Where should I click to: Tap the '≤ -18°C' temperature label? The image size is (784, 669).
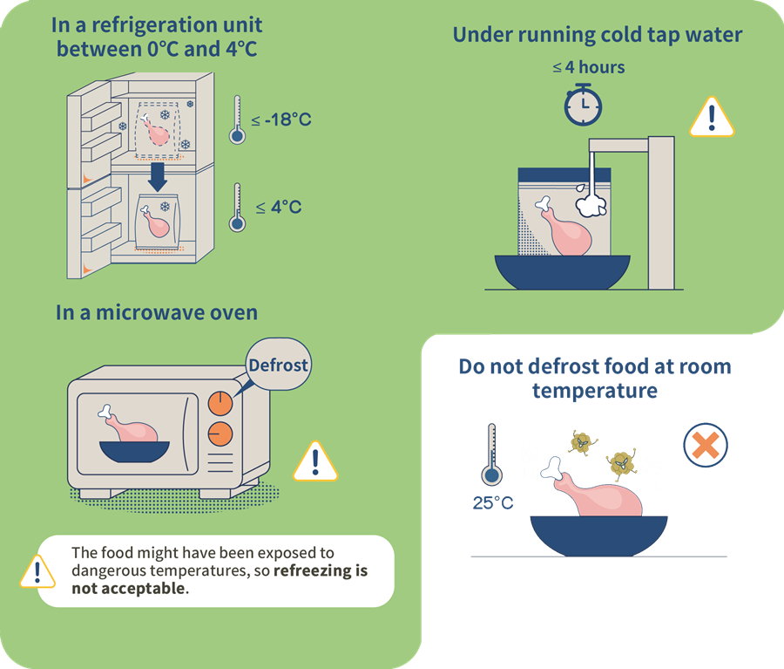[x=281, y=119]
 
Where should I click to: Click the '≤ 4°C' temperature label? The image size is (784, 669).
[x=279, y=207]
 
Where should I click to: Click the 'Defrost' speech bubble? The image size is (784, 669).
[x=278, y=365]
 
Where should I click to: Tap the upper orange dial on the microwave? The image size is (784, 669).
[x=220, y=402]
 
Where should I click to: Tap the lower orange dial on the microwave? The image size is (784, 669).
[x=220, y=433]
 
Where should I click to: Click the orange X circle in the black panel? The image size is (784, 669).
[x=705, y=447]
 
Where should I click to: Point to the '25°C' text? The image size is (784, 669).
[x=492, y=503]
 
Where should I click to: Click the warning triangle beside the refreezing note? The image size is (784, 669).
[x=37, y=571]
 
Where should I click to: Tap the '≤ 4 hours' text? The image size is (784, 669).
[x=589, y=67]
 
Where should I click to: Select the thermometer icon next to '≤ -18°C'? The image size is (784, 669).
[x=236, y=119]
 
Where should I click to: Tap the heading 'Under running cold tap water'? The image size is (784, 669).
[x=597, y=35]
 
